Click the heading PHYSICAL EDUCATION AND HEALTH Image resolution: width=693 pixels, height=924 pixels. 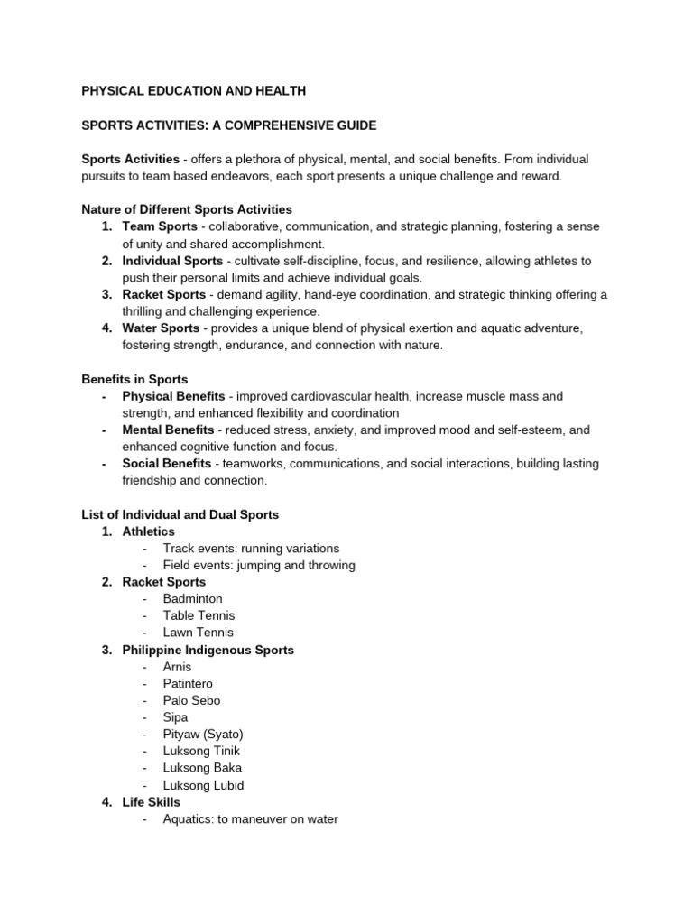pos(194,90)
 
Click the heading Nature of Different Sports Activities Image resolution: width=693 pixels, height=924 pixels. pos(187,209)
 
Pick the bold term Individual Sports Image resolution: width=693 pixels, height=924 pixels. pos(172,261)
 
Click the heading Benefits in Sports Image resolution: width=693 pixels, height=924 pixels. pos(134,379)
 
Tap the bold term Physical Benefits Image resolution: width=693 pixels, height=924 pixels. pos(174,396)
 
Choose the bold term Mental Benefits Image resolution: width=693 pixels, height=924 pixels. pos(168,430)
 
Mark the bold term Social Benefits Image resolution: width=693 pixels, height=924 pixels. pos(166,464)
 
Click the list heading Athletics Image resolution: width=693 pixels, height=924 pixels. pos(148,531)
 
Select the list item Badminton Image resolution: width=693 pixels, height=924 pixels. pos(192,599)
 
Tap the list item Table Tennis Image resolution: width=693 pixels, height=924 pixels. pos(199,615)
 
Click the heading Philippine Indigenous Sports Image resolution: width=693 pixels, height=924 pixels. pos(208,650)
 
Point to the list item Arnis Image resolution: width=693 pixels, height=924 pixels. pos(177,667)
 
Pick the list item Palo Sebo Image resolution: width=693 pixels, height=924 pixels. pos(191,700)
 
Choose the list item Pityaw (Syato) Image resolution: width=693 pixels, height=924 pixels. pos(203,735)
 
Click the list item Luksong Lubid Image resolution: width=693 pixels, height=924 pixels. pos(203,785)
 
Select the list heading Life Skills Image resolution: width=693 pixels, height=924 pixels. pos(151,802)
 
